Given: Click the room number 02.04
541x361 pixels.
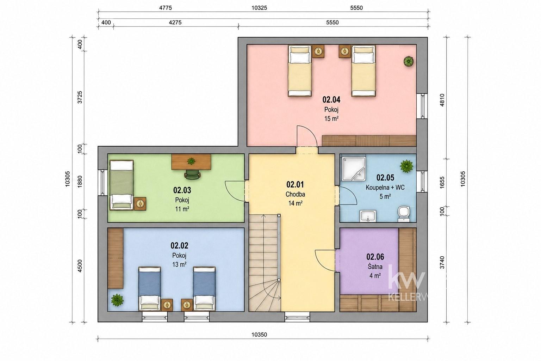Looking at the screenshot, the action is pyautogui.click(x=331, y=100).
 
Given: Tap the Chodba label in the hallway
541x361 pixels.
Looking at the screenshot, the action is pyautogui.click(x=295, y=194).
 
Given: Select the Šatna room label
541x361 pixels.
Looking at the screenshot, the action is pyautogui.click(x=375, y=267).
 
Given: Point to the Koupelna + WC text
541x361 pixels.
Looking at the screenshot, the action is pyautogui.click(x=385, y=188).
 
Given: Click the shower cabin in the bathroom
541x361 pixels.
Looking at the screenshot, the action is pyautogui.click(x=353, y=169).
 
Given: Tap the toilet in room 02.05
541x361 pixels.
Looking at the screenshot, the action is pyautogui.click(x=404, y=214).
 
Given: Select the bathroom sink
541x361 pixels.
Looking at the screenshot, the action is pyautogui.click(x=368, y=216).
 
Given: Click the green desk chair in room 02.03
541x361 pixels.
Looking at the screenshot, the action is pyautogui.click(x=193, y=175).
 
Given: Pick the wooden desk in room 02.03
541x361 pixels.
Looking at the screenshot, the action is pyautogui.click(x=191, y=161).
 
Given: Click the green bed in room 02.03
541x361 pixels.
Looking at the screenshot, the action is pyautogui.click(x=122, y=185).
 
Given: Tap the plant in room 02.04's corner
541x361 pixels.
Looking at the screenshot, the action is pyautogui.click(x=409, y=61).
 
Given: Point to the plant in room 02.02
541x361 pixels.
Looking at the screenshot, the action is pyautogui.click(x=117, y=300).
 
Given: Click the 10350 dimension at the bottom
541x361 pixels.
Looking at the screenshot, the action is pyautogui.click(x=259, y=335).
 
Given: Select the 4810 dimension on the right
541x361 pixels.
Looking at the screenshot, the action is pyautogui.click(x=442, y=100).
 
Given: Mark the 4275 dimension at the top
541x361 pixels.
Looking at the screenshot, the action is pyautogui.click(x=175, y=23).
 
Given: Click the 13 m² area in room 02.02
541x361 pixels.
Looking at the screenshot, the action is pyautogui.click(x=179, y=264).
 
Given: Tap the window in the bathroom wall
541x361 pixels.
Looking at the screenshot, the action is pyautogui.click(x=422, y=182).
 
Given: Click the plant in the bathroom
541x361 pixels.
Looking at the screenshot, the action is pyautogui.click(x=406, y=166).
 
